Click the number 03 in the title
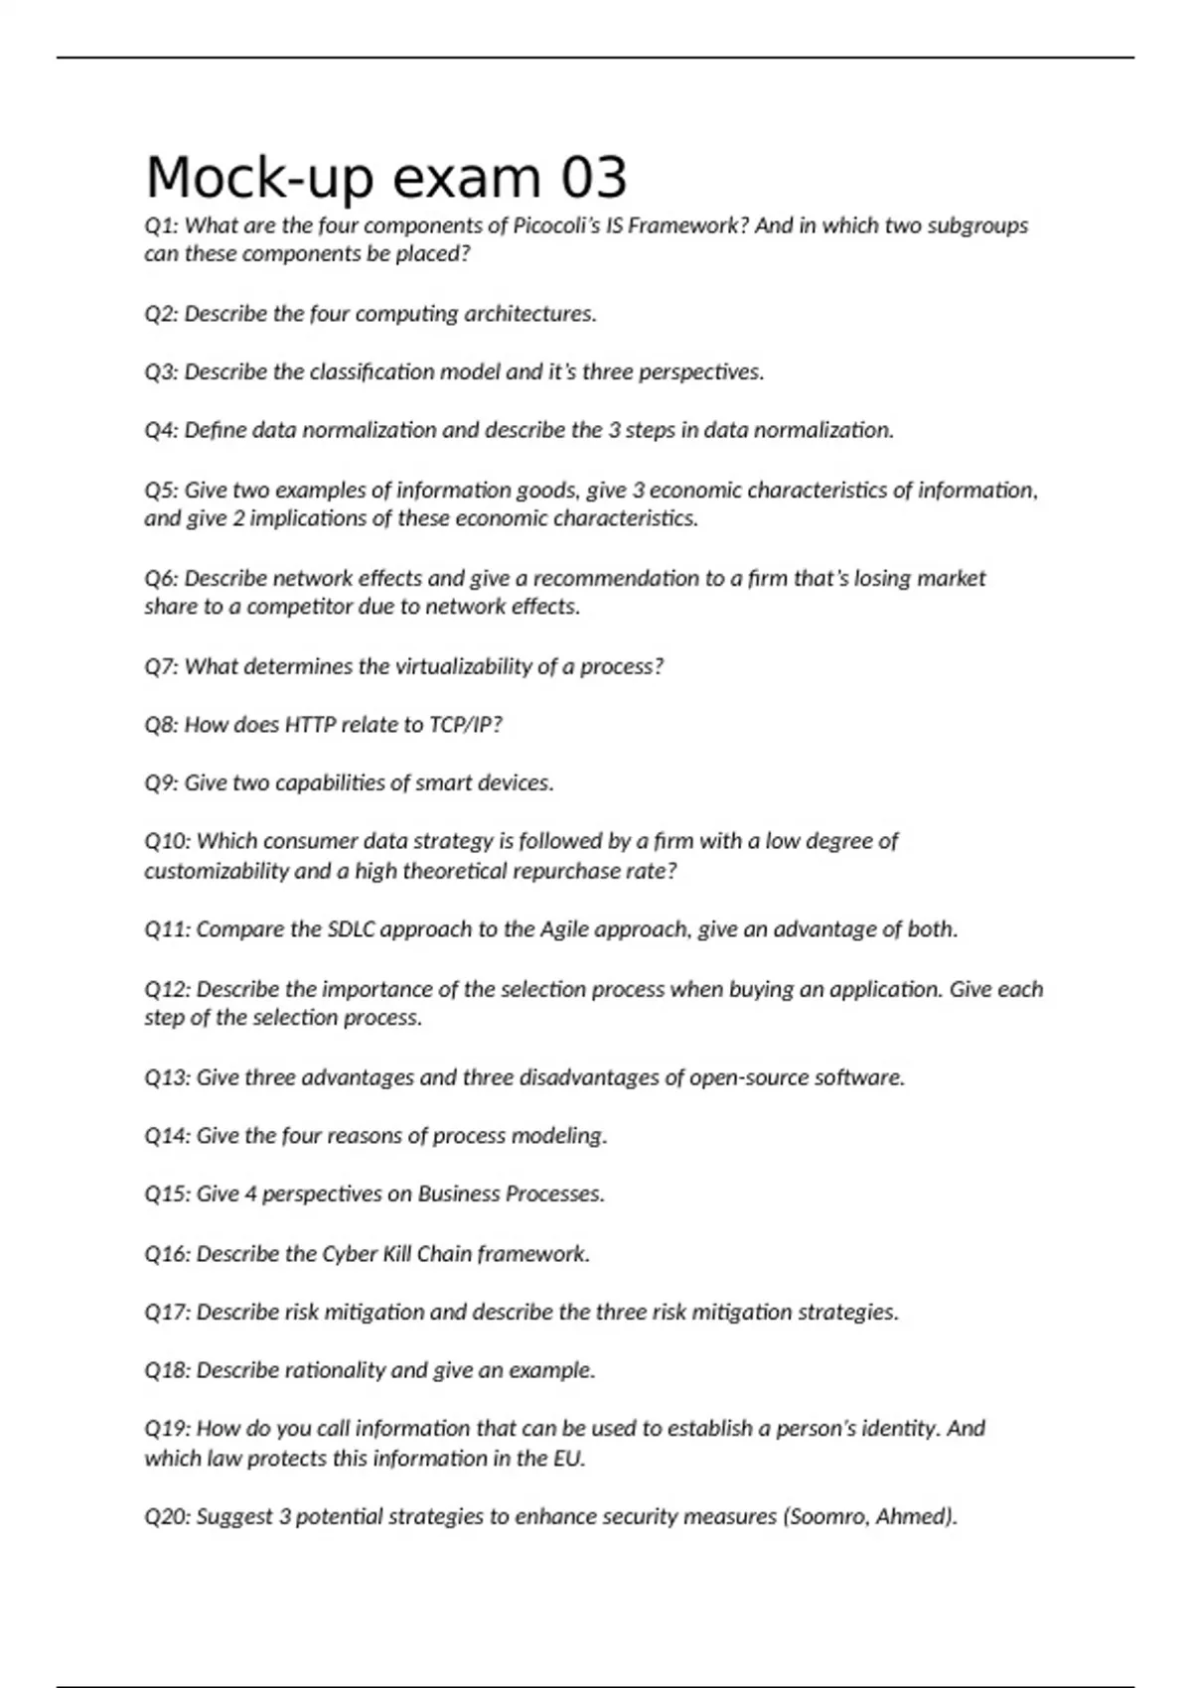click(594, 179)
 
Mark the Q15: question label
click(167, 1194)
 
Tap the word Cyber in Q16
click(350, 1254)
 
